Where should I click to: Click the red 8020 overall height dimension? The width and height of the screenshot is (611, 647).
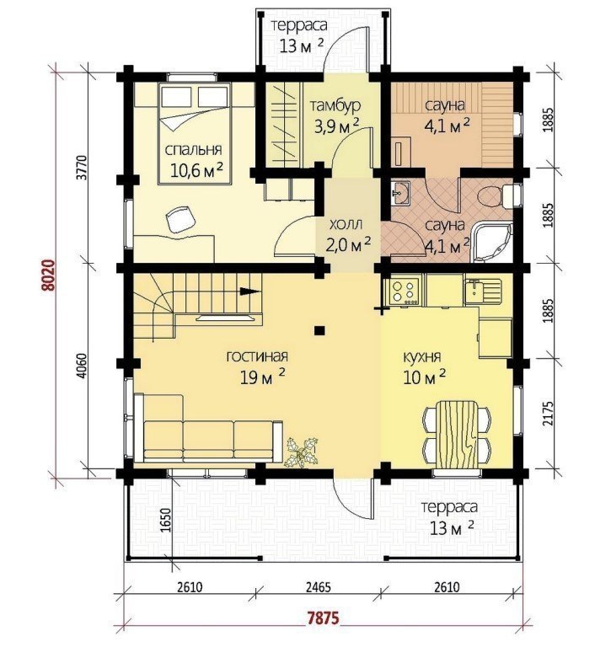tap(49, 275)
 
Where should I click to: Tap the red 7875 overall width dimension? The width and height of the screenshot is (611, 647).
tap(324, 618)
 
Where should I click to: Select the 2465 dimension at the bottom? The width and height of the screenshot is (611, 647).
tap(318, 586)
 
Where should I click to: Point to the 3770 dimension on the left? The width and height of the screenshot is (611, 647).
tap(83, 167)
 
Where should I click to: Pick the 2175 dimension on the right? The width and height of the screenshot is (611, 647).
tap(548, 414)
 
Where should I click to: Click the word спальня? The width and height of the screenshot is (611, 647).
tap(194, 149)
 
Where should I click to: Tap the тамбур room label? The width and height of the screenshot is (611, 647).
tap(335, 105)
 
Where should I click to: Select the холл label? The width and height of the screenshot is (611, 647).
tap(346, 225)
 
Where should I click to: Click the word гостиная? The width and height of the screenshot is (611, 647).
tap(257, 356)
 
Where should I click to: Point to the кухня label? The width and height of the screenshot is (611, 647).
tap(422, 356)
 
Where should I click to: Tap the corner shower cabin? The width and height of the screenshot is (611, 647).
tap(491, 243)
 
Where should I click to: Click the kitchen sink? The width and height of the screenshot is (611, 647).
tap(481, 290)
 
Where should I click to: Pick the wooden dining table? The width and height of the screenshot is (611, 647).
tap(457, 433)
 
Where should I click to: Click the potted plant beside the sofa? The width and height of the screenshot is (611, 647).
tap(302, 452)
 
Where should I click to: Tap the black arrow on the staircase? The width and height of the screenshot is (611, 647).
tap(249, 291)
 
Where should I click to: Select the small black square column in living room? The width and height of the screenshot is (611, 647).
tap(319, 329)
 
